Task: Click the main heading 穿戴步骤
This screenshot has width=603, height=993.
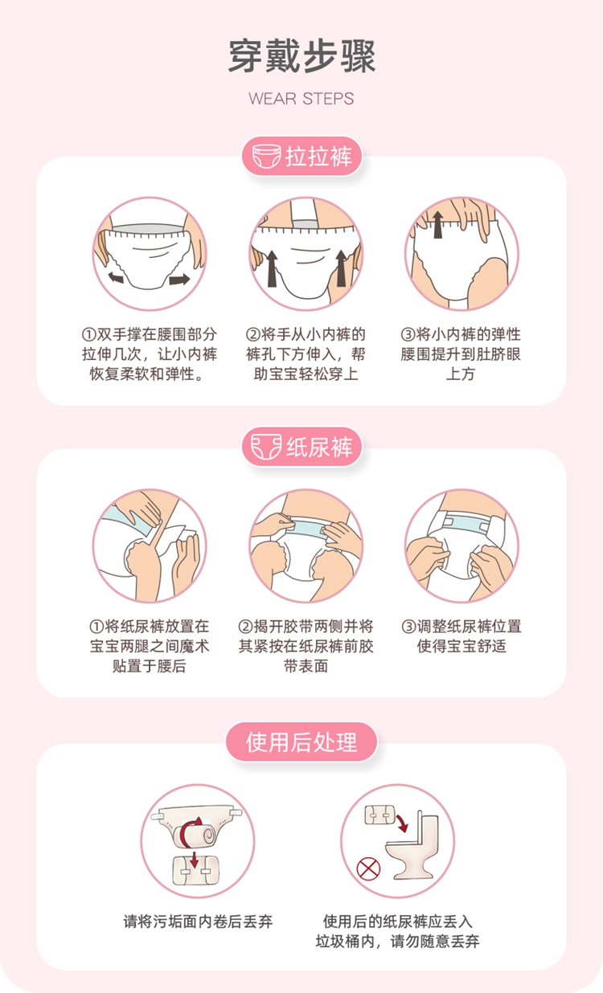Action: click(x=301, y=56)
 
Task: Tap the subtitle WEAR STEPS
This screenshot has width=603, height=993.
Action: click(x=301, y=98)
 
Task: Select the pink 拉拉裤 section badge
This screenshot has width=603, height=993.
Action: click(x=301, y=156)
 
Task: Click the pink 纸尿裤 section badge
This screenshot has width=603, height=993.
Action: click(x=301, y=447)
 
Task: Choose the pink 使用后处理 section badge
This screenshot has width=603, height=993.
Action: click(x=301, y=742)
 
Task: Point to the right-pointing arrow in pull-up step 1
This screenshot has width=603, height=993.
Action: click(x=179, y=280)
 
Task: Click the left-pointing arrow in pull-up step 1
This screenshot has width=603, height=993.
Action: click(x=116, y=277)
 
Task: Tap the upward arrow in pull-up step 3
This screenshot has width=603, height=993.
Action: click(x=438, y=225)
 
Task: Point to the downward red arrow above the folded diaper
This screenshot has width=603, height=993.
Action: click(x=194, y=859)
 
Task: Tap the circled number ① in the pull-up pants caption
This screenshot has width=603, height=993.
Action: click(x=88, y=334)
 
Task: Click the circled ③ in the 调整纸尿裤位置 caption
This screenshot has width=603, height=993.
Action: click(x=408, y=627)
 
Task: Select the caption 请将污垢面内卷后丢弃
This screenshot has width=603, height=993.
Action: click(x=198, y=921)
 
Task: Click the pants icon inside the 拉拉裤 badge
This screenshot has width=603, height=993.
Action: click(x=267, y=156)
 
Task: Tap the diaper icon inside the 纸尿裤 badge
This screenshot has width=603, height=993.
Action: click(x=266, y=447)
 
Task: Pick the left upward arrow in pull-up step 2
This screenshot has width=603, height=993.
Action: click(x=272, y=268)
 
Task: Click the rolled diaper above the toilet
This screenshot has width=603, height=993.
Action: click(x=379, y=815)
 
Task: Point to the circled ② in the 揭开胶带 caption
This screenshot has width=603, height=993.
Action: click(x=245, y=627)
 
